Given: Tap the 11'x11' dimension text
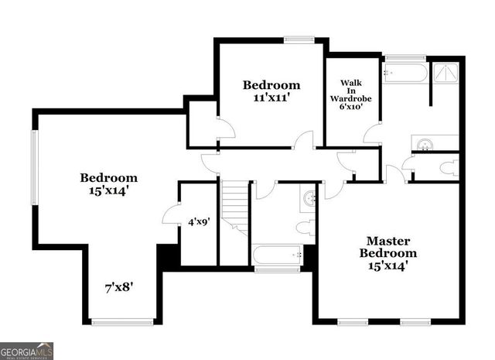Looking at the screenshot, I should coord(271,99).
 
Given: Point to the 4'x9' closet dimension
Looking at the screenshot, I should coord(200,221).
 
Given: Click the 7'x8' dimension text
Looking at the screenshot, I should coord(121,287).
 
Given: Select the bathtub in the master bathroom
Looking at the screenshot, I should coord(405,74).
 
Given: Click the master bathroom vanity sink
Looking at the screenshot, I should coord(425,144).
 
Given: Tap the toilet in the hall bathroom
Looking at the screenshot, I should coord(306,227).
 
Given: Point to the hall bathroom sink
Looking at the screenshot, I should coord(309,198).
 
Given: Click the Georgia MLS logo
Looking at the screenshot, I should coord(27,350).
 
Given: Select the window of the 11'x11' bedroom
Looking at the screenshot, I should coord(296,39).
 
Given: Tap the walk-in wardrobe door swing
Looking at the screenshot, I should coord(371,138).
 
